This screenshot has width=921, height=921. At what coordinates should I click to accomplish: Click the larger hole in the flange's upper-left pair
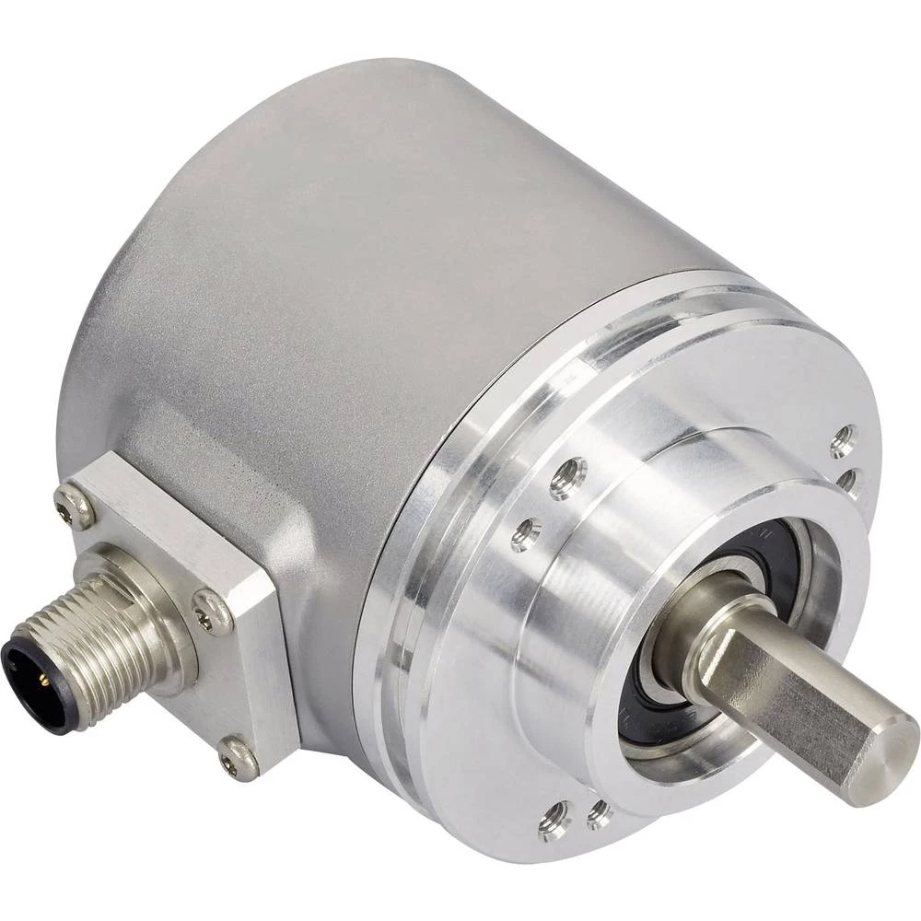pyautogui.click(x=568, y=478)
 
